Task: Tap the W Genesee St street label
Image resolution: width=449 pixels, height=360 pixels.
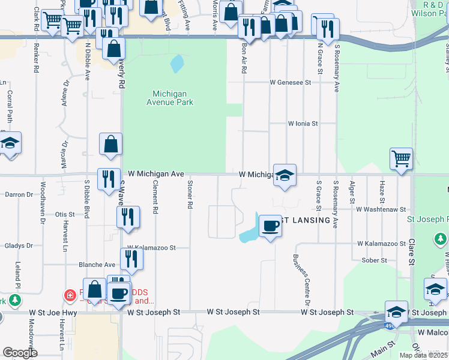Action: coord(291,82)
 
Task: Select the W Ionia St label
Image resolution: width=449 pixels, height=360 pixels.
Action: coord(302,124)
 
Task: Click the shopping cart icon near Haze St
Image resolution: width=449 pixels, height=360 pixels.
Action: coord(401,160)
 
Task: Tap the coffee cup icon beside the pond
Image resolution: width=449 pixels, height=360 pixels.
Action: coord(270,226)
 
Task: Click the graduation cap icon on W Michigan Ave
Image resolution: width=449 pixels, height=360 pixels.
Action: coord(285,175)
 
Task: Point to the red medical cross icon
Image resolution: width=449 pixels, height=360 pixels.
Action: coord(70,295)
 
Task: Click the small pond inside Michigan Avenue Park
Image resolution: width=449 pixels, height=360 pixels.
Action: coord(176,63)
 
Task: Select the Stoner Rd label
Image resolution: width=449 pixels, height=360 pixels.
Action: coord(190,194)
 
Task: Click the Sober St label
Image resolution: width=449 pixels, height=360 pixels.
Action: coord(373,260)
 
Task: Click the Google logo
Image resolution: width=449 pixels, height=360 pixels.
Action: coord(20,353)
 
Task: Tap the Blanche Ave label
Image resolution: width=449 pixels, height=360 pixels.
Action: coord(97,265)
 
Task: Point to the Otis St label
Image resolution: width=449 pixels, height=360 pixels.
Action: coord(64,214)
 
